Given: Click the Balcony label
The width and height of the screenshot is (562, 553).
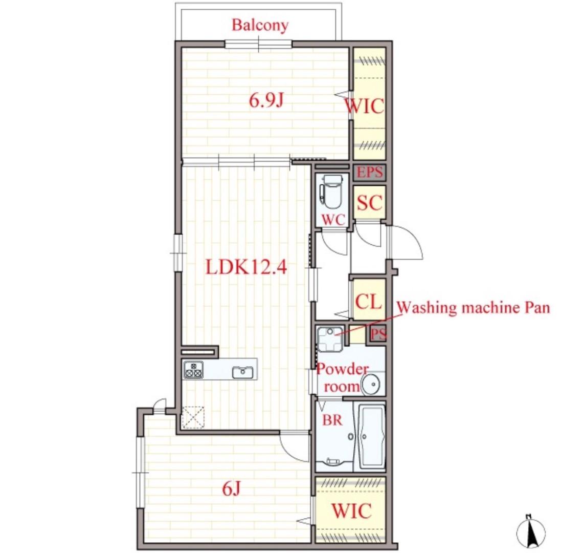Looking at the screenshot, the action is (x=260, y=26).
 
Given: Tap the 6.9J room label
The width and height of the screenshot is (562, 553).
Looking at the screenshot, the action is (x=266, y=100).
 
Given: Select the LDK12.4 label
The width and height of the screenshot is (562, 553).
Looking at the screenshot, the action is (x=246, y=267).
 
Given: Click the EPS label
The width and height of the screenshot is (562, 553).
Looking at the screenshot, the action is (x=370, y=172).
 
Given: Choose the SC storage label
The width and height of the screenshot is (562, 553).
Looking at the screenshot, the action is (x=370, y=203).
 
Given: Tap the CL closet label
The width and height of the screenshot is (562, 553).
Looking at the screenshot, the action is (x=369, y=302).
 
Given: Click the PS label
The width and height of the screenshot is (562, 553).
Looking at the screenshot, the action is (x=378, y=335).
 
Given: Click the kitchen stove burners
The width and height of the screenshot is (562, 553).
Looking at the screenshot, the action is (x=193, y=370).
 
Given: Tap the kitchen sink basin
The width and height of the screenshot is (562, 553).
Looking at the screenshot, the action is (x=243, y=372).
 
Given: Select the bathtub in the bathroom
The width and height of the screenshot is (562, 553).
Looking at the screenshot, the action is (x=370, y=436).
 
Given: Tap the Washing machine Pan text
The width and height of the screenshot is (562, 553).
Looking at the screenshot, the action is (x=473, y=308).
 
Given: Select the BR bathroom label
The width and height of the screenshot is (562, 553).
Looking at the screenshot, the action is (x=332, y=420).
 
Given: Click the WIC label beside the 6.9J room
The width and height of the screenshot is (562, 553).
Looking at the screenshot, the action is (x=364, y=106).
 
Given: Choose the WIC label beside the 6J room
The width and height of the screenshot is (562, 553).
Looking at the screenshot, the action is (x=351, y=511).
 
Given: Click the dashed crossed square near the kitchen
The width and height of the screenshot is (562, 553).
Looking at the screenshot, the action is (x=193, y=418).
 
